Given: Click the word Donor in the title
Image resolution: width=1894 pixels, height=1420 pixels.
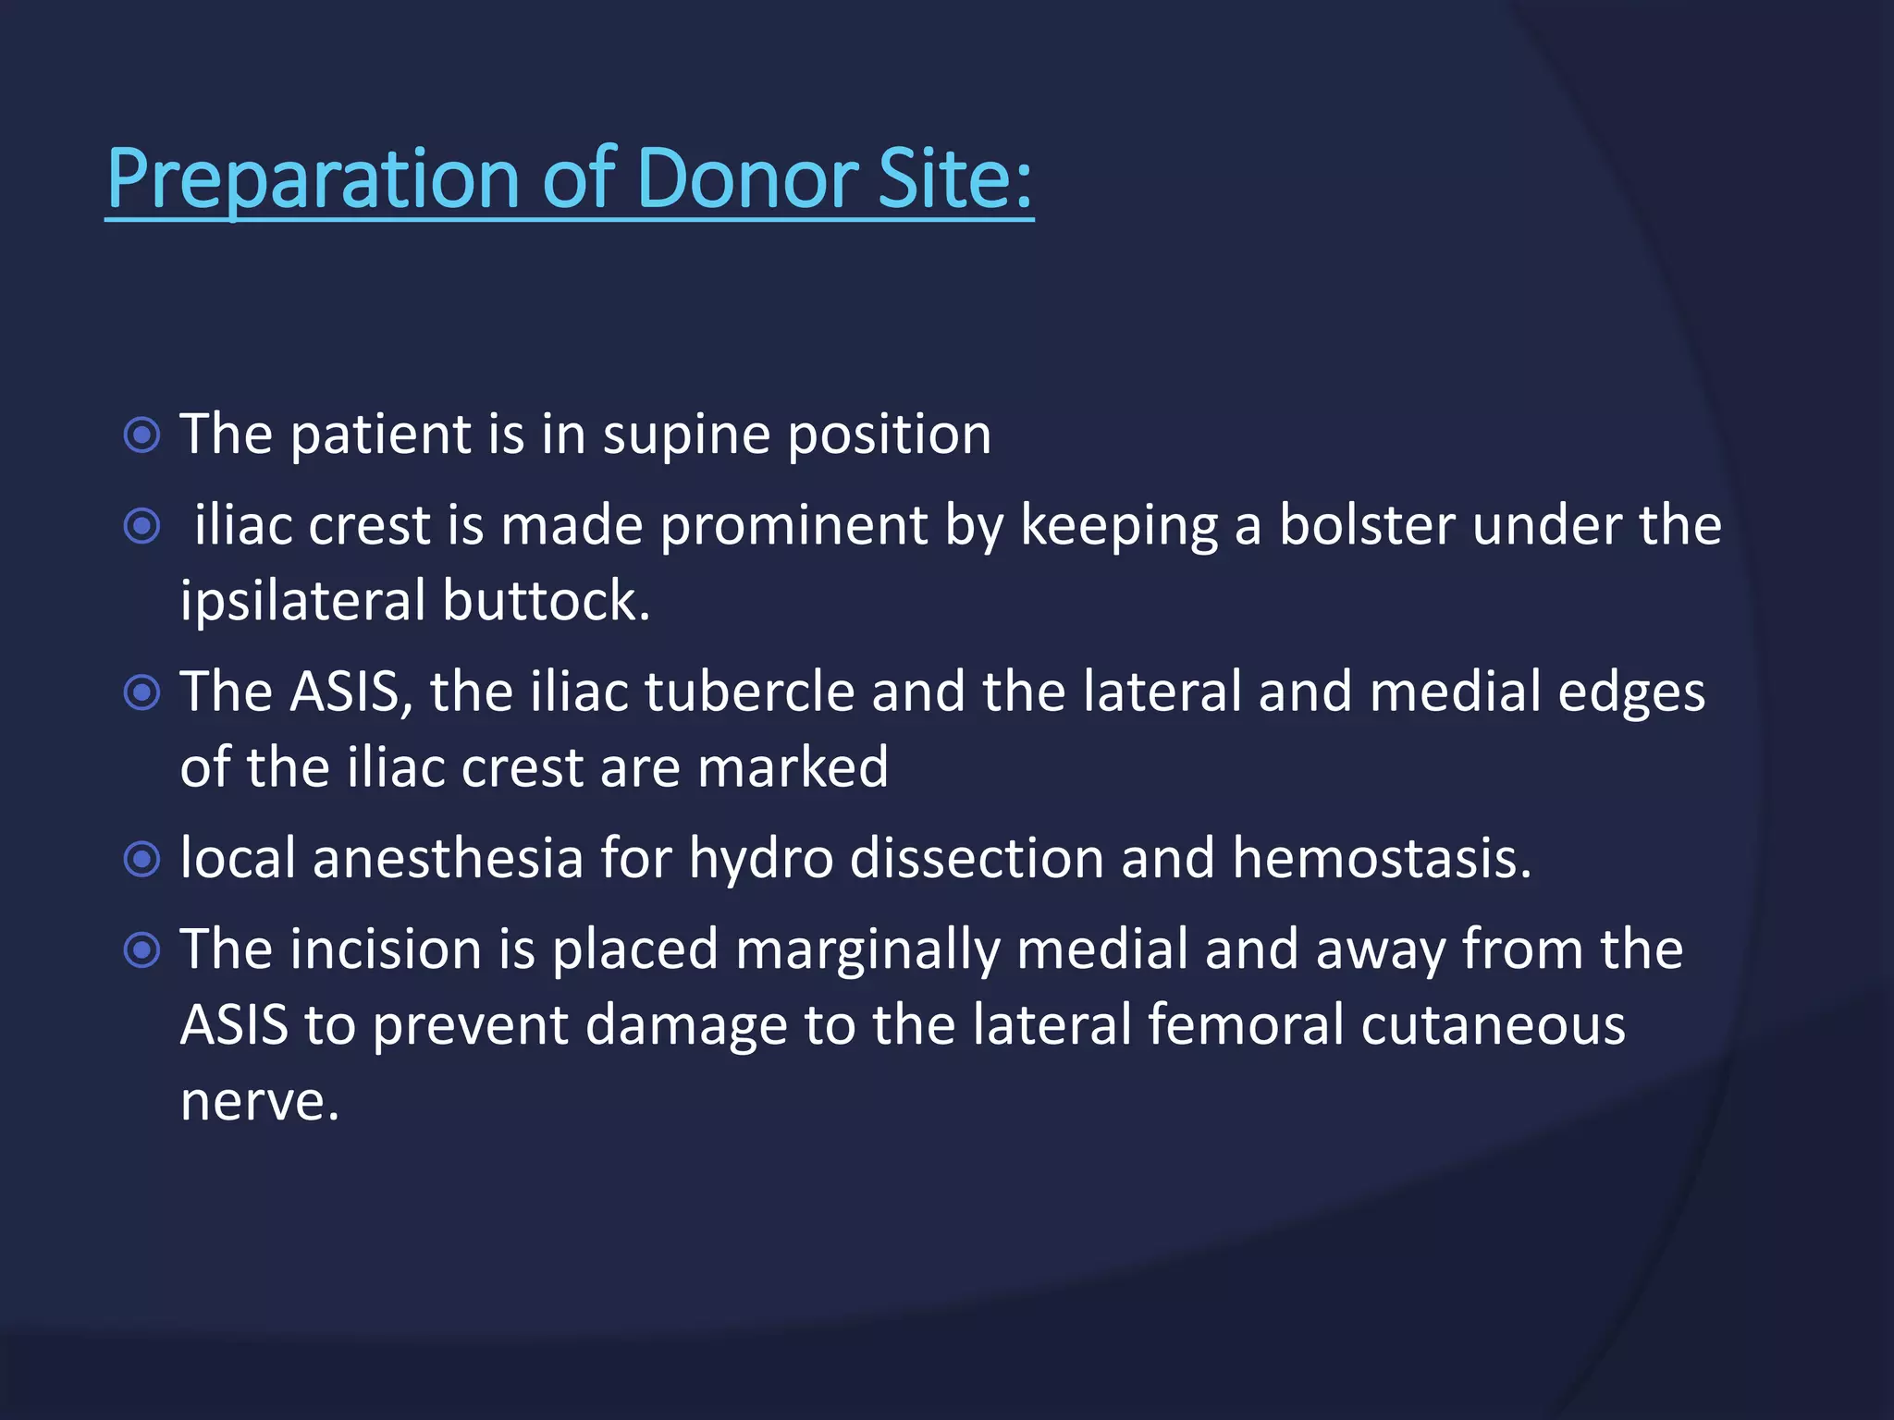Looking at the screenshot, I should coord(746,177).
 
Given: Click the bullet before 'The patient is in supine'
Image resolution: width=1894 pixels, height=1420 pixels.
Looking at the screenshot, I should coord(141,435).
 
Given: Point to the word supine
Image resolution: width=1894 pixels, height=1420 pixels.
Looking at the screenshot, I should coord(686,435).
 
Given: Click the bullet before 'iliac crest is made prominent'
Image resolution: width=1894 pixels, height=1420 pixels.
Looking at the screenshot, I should coord(141,527).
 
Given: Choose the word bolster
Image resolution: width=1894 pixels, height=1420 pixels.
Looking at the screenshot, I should coord(1367,526).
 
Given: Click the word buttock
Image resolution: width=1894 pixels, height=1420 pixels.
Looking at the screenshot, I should coord(546,602).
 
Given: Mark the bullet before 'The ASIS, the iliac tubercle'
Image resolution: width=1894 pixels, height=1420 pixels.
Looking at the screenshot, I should coord(141,692).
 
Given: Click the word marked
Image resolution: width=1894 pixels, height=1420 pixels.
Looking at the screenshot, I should coord(793,767).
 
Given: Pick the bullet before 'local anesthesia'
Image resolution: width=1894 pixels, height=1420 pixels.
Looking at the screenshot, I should coord(141,860).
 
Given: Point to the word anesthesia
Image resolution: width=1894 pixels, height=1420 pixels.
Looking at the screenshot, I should coord(448,859).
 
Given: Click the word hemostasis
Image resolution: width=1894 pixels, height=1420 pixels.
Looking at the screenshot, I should coord(1382,859).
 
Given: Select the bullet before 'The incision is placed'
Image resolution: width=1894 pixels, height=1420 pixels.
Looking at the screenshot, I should coord(141,949).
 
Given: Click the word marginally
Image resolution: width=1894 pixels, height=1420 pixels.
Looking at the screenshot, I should coord(867,950).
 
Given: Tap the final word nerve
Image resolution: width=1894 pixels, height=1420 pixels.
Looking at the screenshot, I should coord(260,1102).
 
